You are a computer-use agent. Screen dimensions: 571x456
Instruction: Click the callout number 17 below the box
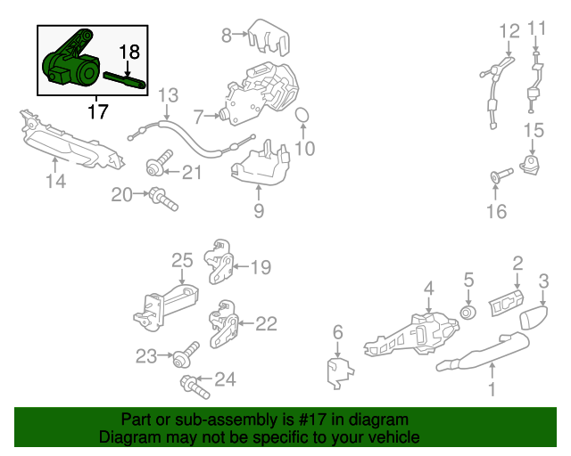(98, 111)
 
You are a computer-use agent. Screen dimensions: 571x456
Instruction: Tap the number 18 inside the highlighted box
(129, 52)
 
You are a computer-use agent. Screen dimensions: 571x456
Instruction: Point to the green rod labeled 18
(125, 80)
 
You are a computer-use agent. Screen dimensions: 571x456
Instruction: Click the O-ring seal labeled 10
(302, 116)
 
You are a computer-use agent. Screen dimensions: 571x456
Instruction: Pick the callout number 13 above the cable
(169, 95)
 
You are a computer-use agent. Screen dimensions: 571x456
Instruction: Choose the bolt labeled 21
(160, 164)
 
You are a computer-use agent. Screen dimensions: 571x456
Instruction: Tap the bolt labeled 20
(163, 199)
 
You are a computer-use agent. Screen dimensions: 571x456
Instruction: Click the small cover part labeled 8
(269, 37)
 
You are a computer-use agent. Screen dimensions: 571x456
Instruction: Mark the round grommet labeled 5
(468, 313)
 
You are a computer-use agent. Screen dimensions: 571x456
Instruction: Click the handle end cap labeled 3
(534, 317)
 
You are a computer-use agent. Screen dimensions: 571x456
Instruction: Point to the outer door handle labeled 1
(483, 352)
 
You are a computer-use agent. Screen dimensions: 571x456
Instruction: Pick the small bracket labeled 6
(339, 373)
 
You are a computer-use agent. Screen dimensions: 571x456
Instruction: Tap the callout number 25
(182, 261)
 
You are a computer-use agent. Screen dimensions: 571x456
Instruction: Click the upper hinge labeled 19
(219, 261)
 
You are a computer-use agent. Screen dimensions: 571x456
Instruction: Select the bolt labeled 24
(194, 387)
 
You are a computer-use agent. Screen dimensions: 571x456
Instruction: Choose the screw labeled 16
(501, 175)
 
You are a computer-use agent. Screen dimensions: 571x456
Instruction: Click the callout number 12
(509, 31)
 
